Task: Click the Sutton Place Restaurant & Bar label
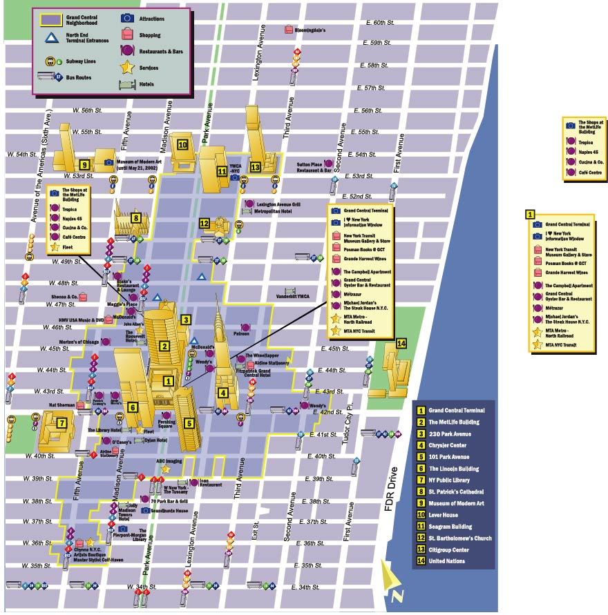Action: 314,167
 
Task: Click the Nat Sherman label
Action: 61,405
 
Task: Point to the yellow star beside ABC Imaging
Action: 167,469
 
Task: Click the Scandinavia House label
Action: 171,511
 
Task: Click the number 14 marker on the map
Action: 401,343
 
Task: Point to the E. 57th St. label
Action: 379,88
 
